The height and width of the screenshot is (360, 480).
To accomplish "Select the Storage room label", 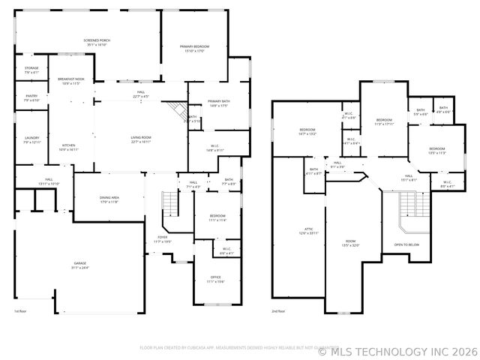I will pos(31,70).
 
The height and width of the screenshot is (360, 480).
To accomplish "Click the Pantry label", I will pos(31,97).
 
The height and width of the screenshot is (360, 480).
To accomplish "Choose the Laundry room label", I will pos(31,139).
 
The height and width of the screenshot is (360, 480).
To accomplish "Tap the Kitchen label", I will pos(69,147).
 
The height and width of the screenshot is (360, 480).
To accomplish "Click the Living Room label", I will pos(141,139).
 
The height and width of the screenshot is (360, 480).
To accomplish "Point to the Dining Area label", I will pos(109,199).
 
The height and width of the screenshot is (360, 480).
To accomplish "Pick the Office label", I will pos(215,279).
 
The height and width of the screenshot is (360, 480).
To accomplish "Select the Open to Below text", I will pos(406,244).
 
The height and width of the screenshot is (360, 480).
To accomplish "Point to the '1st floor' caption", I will pos(20,311).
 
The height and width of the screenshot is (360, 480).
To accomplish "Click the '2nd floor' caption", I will pos(279,311).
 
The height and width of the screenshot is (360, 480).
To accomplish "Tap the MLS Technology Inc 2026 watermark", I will pos(397,350).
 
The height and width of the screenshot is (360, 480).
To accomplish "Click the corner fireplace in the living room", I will pos(177,111).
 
